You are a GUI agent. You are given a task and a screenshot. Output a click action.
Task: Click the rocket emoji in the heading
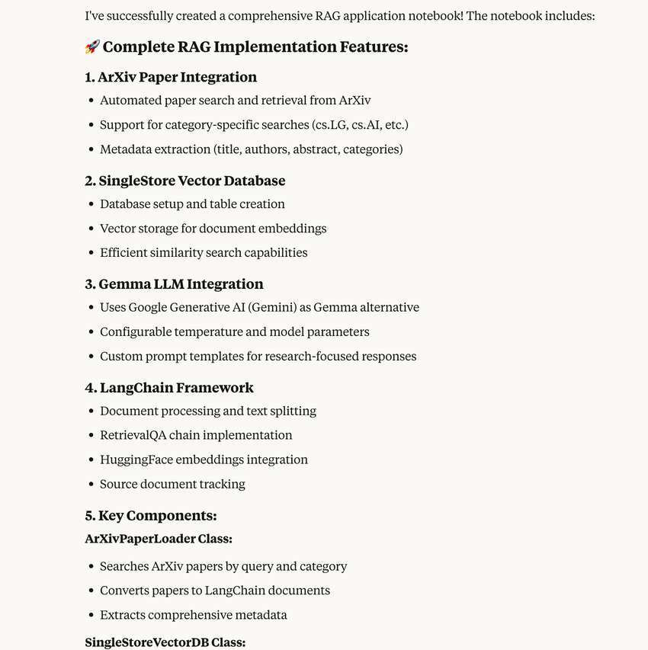(x=92, y=47)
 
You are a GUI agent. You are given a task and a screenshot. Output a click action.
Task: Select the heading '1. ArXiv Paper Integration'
(x=171, y=77)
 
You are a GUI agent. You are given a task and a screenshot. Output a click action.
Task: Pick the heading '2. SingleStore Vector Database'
(x=185, y=181)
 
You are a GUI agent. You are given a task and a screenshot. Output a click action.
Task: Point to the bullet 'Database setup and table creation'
(x=192, y=204)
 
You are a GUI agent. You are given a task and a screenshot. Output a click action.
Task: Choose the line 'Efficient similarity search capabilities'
(x=204, y=252)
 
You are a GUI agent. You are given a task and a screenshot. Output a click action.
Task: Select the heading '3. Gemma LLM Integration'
(x=174, y=284)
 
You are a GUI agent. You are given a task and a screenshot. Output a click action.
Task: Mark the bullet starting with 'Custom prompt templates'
(x=258, y=356)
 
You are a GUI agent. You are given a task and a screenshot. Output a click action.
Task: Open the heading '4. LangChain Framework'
(x=169, y=388)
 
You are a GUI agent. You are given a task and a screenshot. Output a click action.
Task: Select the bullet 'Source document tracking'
(x=172, y=484)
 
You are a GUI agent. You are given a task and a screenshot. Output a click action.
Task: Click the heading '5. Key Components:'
(x=151, y=516)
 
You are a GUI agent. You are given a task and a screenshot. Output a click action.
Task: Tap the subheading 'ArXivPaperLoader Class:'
(x=159, y=539)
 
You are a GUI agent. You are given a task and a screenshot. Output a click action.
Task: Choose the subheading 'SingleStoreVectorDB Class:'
(x=165, y=642)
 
